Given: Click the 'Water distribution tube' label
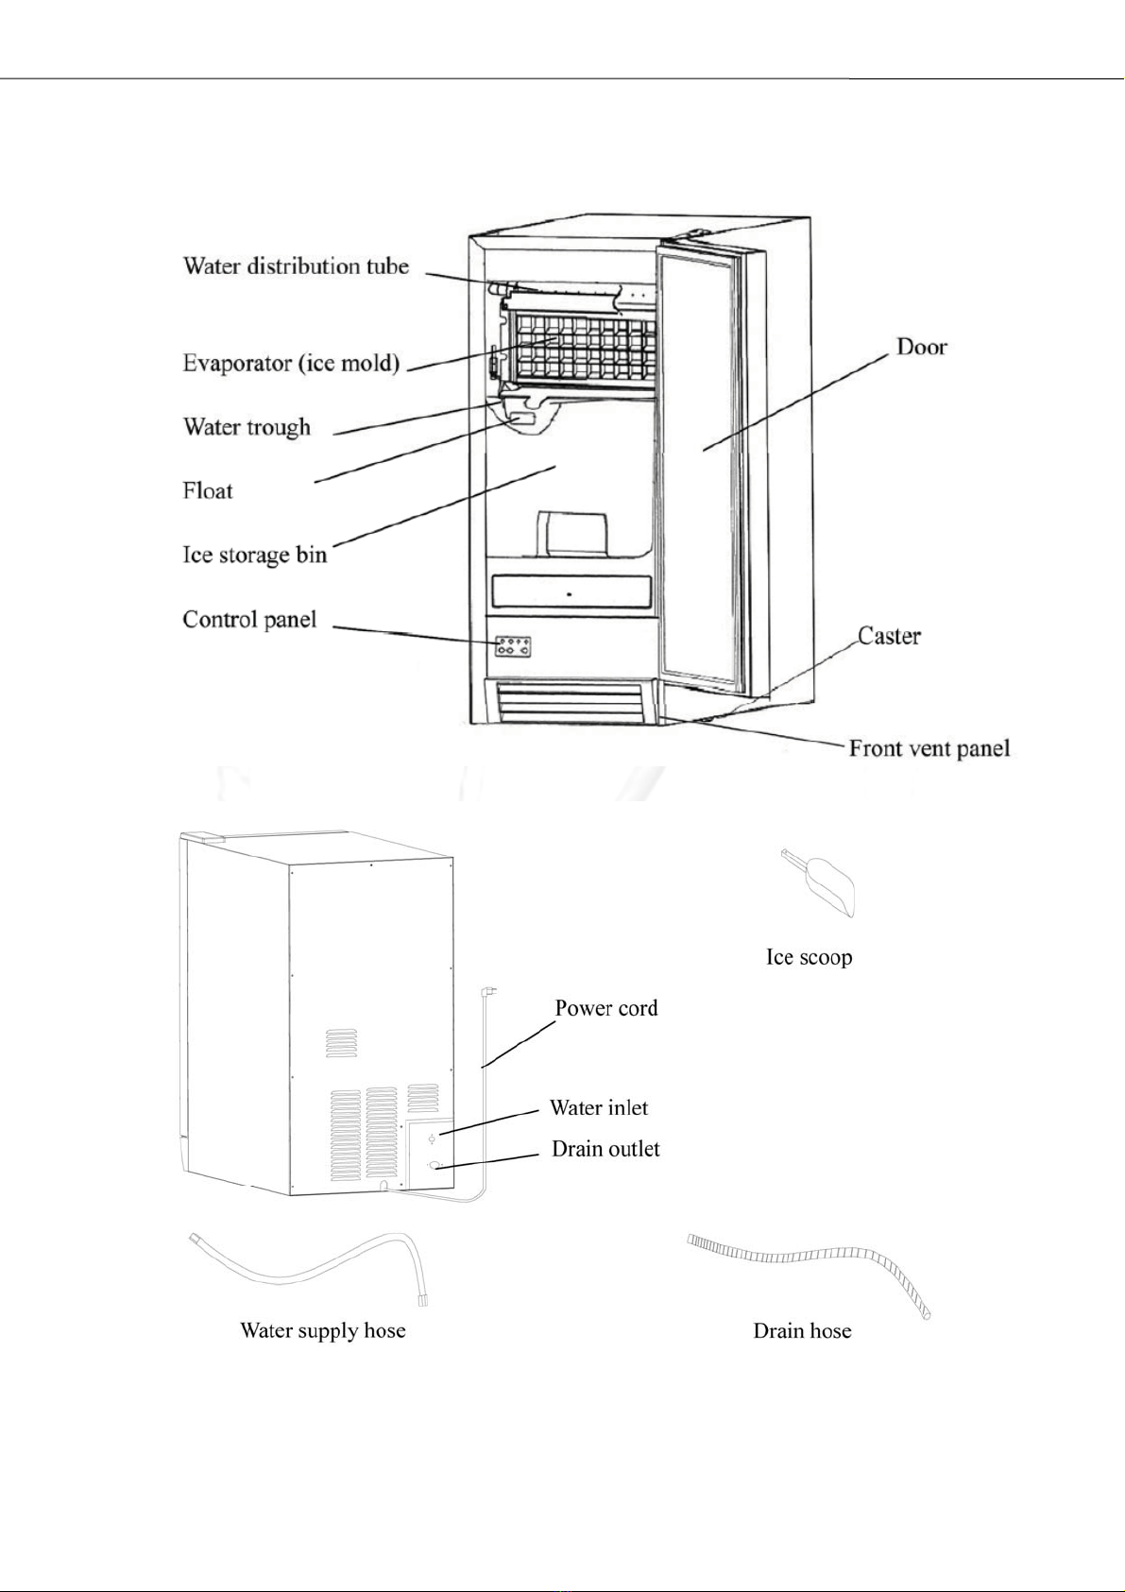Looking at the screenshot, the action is pyautogui.click(x=297, y=266).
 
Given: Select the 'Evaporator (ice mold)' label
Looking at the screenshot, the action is pyautogui.click(x=291, y=363).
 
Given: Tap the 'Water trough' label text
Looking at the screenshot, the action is pyautogui.click(x=247, y=427).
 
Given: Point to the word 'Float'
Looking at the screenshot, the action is pyautogui.click(x=208, y=490).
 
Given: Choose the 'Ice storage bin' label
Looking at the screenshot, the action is pyautogui.click(x=255, y=555).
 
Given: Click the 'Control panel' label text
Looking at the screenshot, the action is pyautogui.click(x=249, y=619).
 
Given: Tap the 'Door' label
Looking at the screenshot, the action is pyautogui.click(x=922, y=347).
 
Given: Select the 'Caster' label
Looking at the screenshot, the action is pyautogui.click(x=889, y=635).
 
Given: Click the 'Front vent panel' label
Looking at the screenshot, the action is pyautogui.click(x=929, y=748).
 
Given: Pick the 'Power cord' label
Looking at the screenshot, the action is pyautogui.click(x=606, y=1008).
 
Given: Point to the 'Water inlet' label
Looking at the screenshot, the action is pyautogui.click(x=598, y=1107).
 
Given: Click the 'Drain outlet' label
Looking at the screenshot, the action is pyautogui.click(x=605, y=1149).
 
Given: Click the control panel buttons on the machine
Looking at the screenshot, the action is pyautogui.click(x=513, y=646).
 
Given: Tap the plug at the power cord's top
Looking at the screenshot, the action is pyautogui.click(x=489, y=991).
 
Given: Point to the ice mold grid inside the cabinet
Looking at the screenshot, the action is pyautogui.click(x=583, y=348).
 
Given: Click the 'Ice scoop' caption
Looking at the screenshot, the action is pyautogui.click(x=809, y=957).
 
